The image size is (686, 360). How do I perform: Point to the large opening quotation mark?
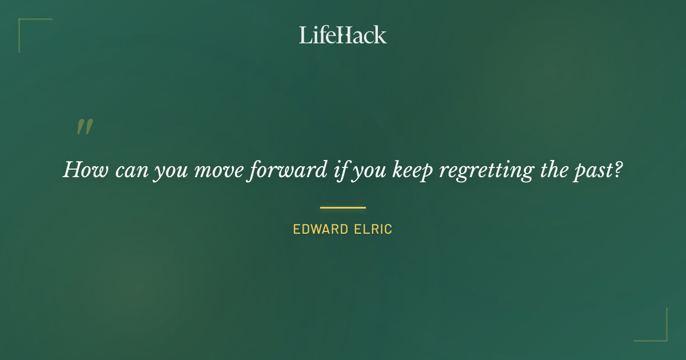tap(85, 127)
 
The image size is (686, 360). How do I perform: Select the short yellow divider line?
tap(342, 207)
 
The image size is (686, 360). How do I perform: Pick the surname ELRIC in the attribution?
tap(374, 230)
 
